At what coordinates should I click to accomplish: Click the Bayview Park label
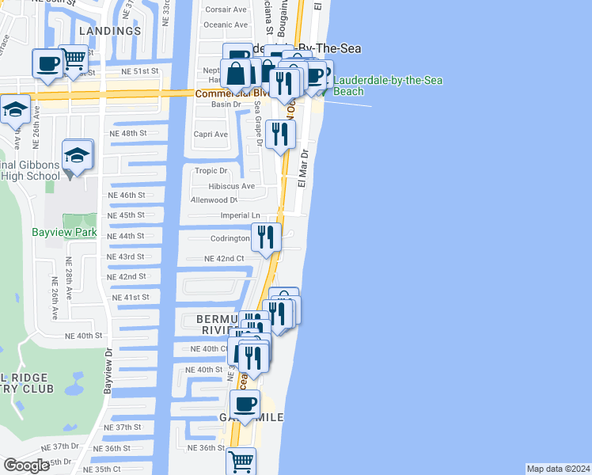click(63, 233)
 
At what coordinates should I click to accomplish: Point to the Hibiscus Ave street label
click(231, 186)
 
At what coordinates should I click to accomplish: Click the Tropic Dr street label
click(211, 170)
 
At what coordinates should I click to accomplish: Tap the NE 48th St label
click(131, 133)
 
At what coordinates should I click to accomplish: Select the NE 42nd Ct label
click(224, 259)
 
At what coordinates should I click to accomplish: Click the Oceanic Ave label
click(225, 25)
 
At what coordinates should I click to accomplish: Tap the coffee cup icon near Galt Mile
click(246, 404)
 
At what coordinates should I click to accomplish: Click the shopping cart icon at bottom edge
click(241, 461)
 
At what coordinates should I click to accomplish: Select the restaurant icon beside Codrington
click(266, 237)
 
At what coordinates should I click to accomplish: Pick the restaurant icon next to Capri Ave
click(280, 134)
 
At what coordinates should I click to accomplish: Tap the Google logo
click(27, 465)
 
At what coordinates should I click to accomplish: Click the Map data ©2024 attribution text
click(557, 469)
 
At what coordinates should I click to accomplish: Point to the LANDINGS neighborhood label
click(110, 31)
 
